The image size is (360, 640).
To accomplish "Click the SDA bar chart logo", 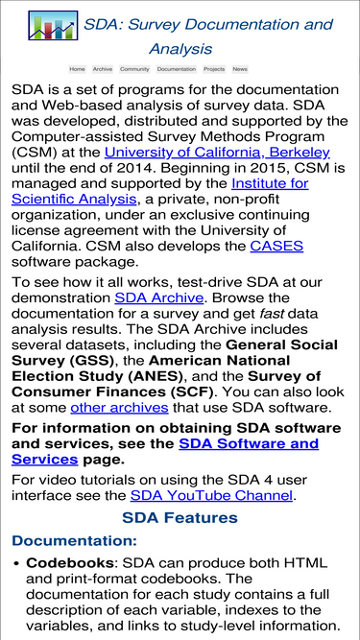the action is point(54,26).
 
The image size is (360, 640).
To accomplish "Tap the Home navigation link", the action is point(77,69).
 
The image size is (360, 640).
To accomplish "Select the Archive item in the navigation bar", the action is point(103,69).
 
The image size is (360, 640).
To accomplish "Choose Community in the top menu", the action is point(134,69).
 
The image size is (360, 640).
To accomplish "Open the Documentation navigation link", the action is point(177,69).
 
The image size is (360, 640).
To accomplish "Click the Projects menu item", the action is point(214,69).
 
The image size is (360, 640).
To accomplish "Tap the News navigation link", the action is point(240,69).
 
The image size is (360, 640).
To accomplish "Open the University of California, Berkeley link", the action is point(217,153).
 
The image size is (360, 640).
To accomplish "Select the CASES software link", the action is point(276,246).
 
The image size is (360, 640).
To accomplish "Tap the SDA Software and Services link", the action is point(249,444).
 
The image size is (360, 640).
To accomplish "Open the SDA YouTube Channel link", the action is point(211,496).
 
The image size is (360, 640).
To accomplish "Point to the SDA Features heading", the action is point(180,518).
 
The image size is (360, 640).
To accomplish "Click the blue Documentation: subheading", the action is point(70,541).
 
